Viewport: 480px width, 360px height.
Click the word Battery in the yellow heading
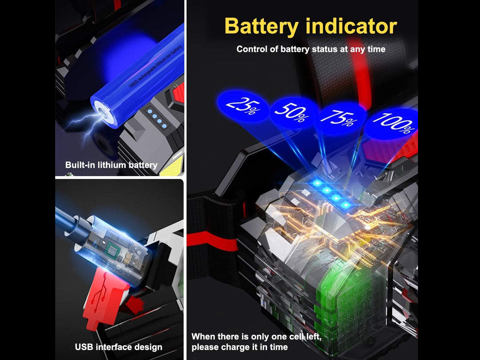(262, 26)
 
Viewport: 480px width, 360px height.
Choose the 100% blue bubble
(392, 124)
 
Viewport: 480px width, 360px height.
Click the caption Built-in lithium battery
(111, 165)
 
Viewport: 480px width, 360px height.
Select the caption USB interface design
(118, 347)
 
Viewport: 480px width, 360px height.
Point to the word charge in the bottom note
(238, 347)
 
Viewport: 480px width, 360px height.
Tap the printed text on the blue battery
(156, 66)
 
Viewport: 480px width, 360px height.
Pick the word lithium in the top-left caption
(112, 165)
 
